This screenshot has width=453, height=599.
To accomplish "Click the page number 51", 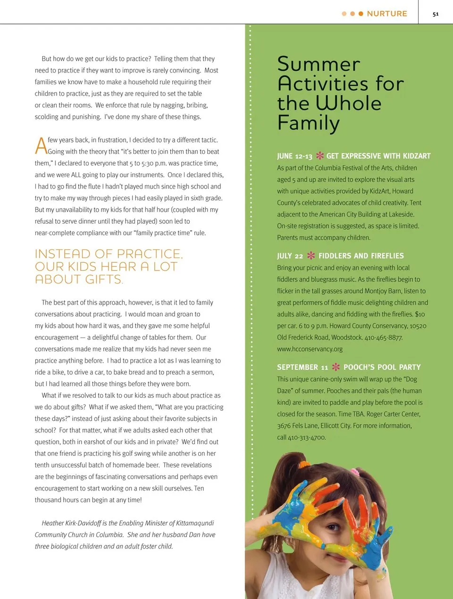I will click(436, 14).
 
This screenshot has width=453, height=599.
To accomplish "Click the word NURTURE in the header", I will click(387, 14).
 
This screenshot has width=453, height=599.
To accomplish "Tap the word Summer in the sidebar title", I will click(319, 65).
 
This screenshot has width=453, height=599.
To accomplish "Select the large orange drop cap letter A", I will click(41, 146).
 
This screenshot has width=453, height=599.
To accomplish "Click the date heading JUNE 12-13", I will click(294, 156).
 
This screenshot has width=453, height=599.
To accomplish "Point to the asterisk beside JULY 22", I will click(311, 256).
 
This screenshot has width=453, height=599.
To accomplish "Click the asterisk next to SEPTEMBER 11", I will click(336, 367).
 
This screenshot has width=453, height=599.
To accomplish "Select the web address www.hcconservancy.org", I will click(310, 349).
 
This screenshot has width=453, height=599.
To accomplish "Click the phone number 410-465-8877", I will click(384, 337).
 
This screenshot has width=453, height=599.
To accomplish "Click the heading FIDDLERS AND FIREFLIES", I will click(361, 256).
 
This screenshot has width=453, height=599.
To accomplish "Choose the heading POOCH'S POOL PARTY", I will click(382, 367).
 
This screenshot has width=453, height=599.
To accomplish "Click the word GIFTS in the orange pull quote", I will click(100, 279).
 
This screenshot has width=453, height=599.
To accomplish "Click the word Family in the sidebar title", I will click(309, 123).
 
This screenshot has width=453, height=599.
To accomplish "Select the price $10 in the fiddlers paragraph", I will click(419, 314).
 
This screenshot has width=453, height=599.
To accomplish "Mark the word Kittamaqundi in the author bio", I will click(195, 523).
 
